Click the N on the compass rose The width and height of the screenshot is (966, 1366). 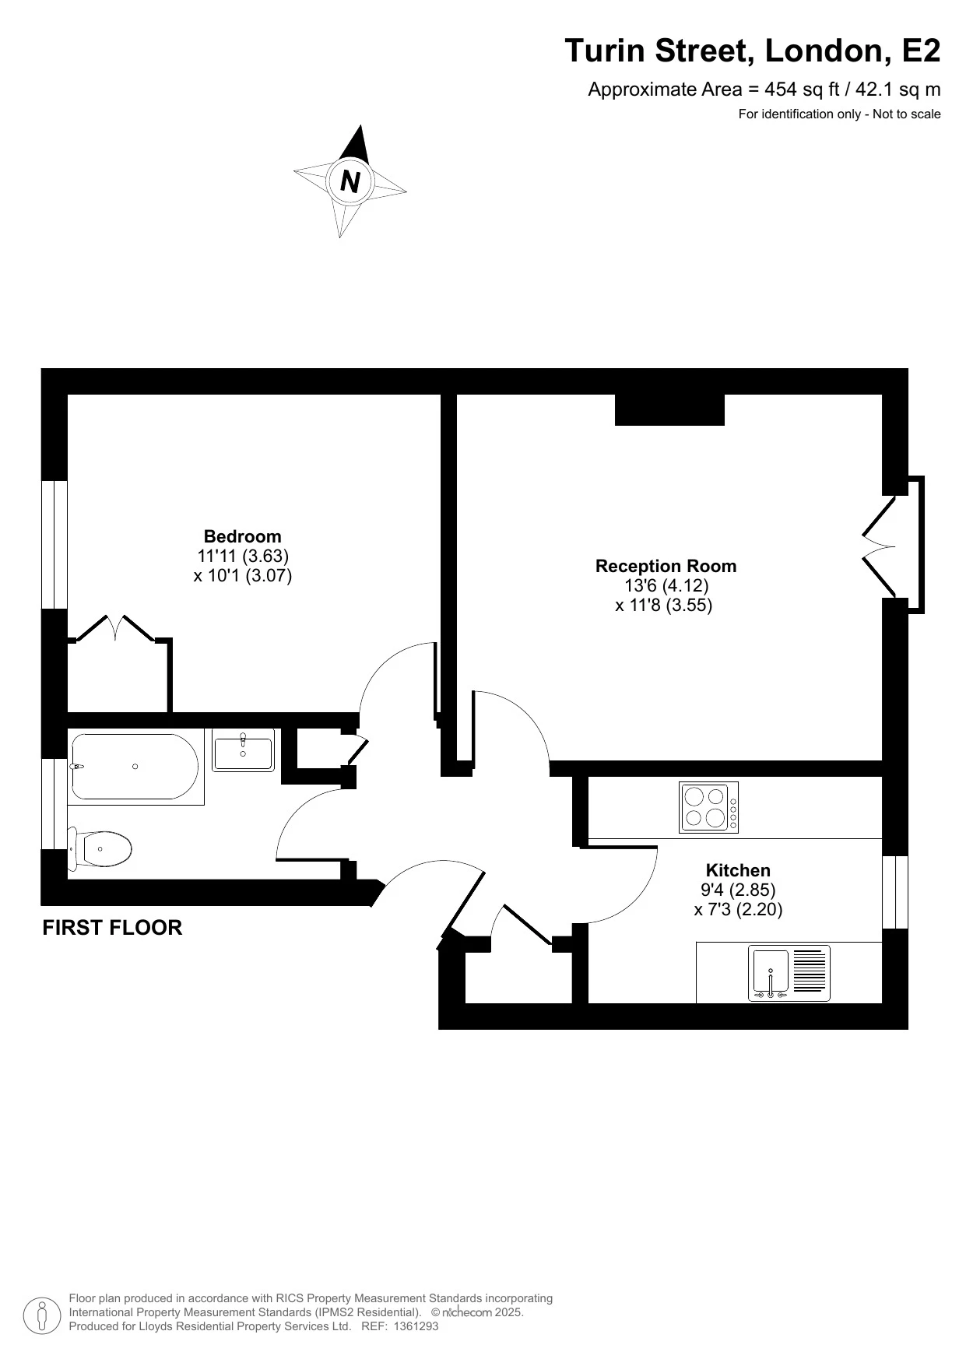pyautogui.click(x=350, y=181)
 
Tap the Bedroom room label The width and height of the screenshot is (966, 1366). pyautogui.click(x=242, y=536)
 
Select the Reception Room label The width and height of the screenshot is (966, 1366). pyautogui.click(x=666, y=566)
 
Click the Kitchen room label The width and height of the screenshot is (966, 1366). pyautogui.click(x=738, y=870)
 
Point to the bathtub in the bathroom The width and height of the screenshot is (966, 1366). pyautogui.click(x=135, y=767)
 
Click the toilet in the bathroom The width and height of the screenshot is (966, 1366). pyautogui.click(x=104, y=848)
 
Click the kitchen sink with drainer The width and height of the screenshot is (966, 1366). pyautogui.click(x=789, y=973)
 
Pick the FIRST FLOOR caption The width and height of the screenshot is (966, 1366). pyautogui.click(x=112, y=928)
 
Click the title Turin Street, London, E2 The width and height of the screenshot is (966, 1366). pyautogui.click(x=752, y=51)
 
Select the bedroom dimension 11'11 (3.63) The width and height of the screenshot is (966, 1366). pyautogui.click(x=243, y=556)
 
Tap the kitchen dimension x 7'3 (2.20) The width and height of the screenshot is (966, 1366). pyautogui.click(x=738, y=909)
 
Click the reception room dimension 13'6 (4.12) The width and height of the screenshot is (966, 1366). pyautogui.click(x=666, y=585)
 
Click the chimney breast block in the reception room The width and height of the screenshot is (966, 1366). pyautogui.click(x=669, y=410)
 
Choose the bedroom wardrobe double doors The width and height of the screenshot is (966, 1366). pyautogui.click(x=117, y=627)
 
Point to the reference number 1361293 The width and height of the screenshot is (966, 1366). pyautogui.click(x=416, y=1326)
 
